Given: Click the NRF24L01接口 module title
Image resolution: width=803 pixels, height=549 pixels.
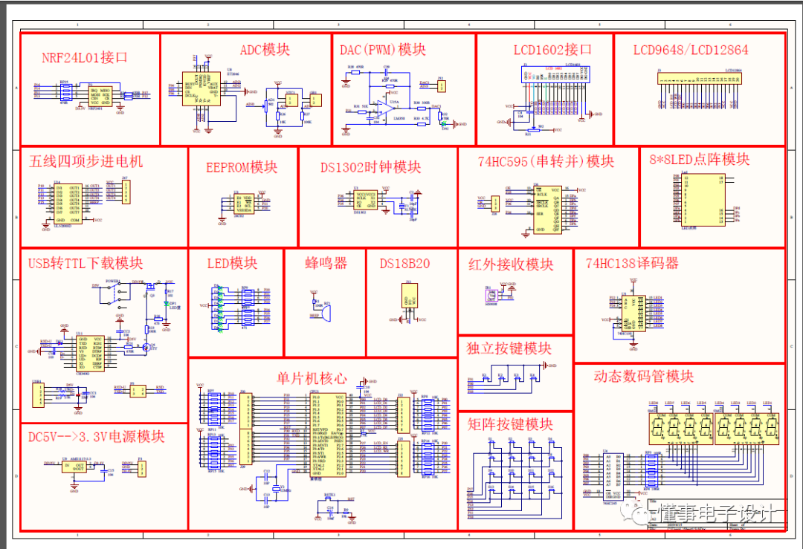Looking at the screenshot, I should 85,57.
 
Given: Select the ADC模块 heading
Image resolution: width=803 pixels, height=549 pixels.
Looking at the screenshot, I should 265,50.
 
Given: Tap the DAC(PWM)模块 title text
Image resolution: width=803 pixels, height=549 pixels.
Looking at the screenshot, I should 383,50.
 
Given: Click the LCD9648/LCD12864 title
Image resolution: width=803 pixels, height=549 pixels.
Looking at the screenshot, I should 691,51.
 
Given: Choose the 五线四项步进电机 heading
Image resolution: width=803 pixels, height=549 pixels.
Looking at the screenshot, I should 86,161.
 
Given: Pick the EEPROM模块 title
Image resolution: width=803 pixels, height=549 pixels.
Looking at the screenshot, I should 242,166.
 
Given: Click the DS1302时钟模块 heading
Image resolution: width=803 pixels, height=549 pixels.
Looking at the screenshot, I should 370,166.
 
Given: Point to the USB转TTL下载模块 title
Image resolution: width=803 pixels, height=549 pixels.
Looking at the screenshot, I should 86,263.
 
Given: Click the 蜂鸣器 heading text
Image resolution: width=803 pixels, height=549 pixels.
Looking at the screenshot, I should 326,263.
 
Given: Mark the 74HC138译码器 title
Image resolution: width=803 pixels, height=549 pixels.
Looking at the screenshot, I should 632,263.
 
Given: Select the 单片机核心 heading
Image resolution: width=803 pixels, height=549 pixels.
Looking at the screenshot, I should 312,377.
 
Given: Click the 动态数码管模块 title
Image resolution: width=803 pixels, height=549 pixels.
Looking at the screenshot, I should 643,376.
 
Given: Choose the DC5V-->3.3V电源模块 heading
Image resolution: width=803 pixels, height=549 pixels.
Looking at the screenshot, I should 96,436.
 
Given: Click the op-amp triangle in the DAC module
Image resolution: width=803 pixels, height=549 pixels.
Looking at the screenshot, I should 386,109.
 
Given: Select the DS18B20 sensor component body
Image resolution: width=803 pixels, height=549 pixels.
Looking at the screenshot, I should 408,298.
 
